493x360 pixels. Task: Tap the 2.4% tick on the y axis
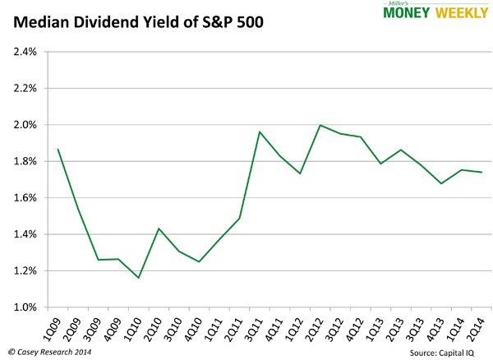pyautogui.click(x=25, y=52)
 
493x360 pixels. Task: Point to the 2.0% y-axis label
pyautogui.click(x=25, y=125)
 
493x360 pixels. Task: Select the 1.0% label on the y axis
pyautogui.click(x=25, y=307)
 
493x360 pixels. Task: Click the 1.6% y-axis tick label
pyautogui.click(x=25, y=198)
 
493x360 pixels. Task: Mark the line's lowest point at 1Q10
pyautogui.click(x=138, y=278)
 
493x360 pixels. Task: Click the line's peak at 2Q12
pyautogui.click(x=319, y=125)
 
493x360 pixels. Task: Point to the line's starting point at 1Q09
pyautogui.click(x=58, y=150)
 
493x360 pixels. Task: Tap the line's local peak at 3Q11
pyautogui.click(x=259, y=132)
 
